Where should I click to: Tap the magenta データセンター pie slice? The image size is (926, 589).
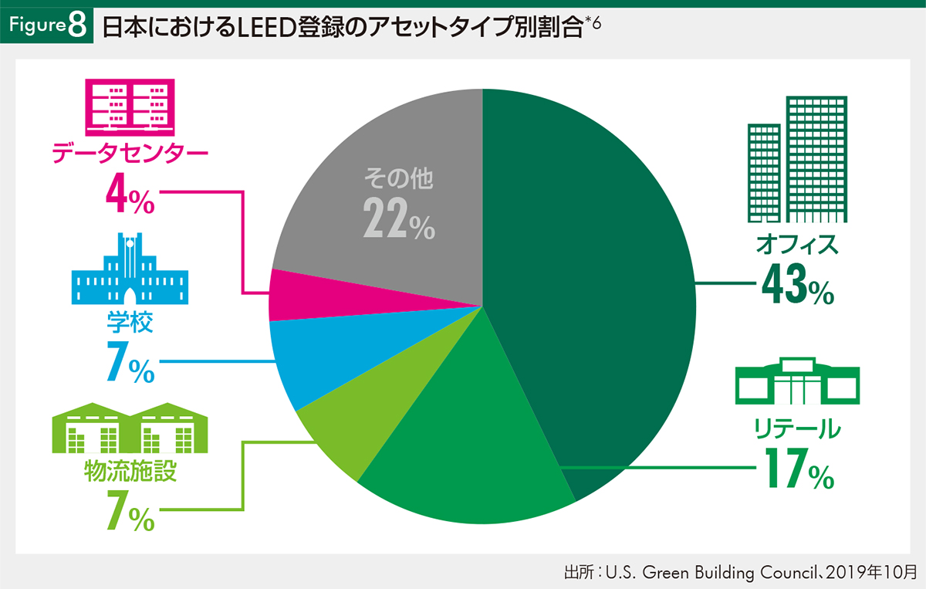point(297,296)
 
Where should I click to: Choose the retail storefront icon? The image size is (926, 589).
point(797,380)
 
